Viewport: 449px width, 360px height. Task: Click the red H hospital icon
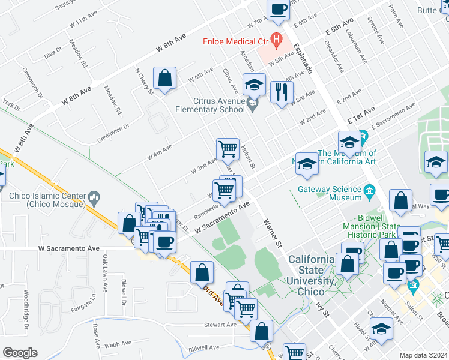click(x=276, y=41)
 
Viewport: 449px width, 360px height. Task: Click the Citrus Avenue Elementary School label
click(x=209, y=106)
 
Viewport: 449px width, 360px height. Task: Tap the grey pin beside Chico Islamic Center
click(x=93, y=196)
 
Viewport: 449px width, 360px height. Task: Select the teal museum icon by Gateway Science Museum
click(x=369, y=192)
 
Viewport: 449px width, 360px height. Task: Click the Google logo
click(x=20, y=352)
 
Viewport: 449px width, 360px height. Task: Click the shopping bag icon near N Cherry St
click(x=164, y=78)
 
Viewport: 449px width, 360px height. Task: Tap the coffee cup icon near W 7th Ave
click(x=279, y=10)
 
